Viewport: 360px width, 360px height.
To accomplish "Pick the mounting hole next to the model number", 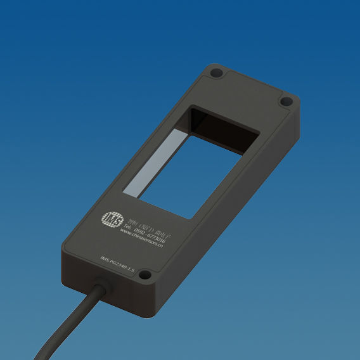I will point(145,275).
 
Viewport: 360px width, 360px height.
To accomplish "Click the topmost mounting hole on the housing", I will point(217,74).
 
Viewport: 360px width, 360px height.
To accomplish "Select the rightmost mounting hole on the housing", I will point(285,101).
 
